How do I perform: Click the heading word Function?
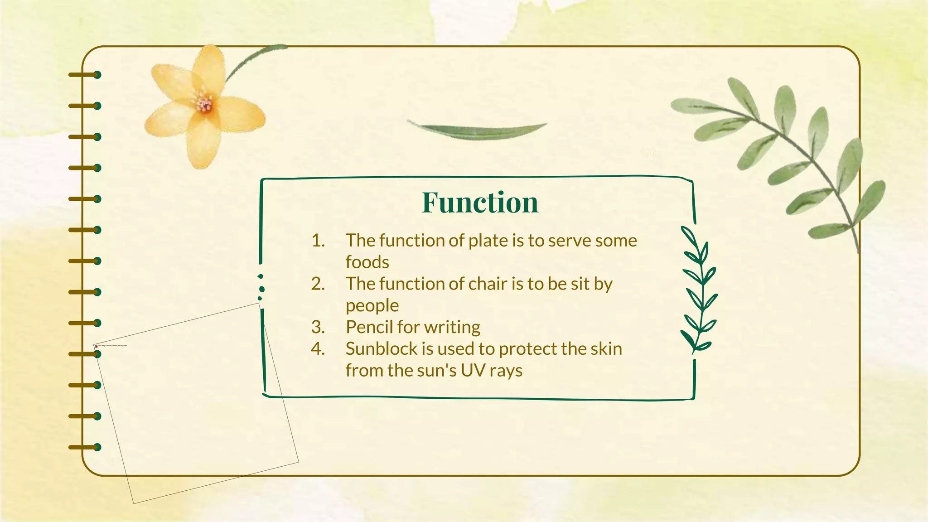tap(480, 202)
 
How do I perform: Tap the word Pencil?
tap(369, 327)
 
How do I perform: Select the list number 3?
tap(318, 327)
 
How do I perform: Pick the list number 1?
tap(318, 241)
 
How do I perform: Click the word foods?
tap(367, 262)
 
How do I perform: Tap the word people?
tap(372, 306)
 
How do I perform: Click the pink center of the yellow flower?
tap(204, 105)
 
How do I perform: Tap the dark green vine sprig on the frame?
tap(698, 290)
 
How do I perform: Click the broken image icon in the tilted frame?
tap(96, 346)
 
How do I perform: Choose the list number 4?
tap(318, 349)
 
